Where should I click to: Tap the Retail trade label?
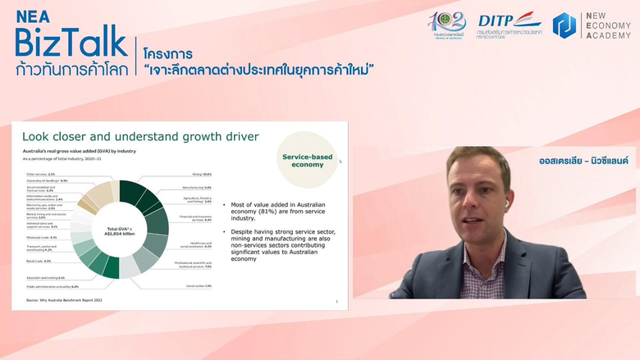[x=37, y=261]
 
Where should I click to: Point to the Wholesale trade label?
[x=42, y=237]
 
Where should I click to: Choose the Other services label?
[x=40, y=174]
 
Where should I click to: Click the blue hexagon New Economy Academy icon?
[x=567, y=25]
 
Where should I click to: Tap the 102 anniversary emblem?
[x=446, y=25]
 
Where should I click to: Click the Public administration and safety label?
[x=52, y=286]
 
